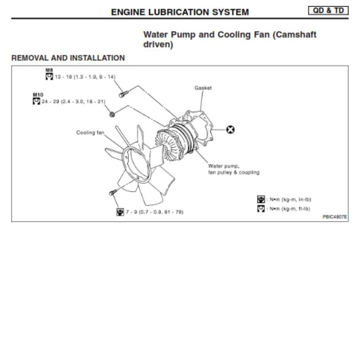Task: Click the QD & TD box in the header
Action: (328, 10)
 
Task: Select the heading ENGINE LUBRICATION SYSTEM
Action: (180, 12)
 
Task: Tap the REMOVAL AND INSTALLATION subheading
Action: (68, 58)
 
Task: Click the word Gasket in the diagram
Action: (203, 88)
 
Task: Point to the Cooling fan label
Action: (90, 132)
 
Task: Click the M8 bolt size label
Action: (49, 70)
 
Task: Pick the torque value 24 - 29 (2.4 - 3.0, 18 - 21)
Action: (73, 101)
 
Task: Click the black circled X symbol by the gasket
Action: (231, 130)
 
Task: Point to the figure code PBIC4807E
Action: (334, 217)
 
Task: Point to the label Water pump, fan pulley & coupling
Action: (233, 169)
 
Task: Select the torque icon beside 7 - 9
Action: (120, 212)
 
